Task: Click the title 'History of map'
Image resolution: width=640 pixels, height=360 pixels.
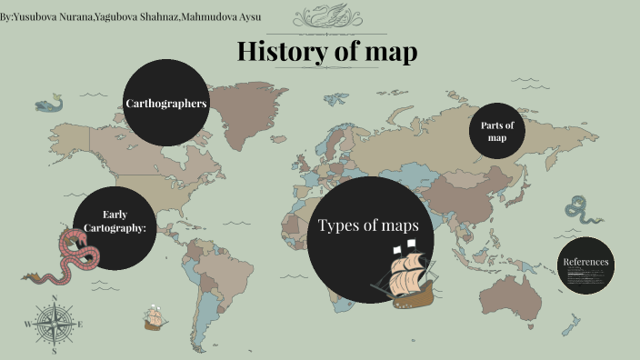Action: tap(327, 52)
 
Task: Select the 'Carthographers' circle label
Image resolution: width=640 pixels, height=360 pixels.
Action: tap(166, 104)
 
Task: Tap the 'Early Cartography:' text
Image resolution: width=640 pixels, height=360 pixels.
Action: tap(115, 221)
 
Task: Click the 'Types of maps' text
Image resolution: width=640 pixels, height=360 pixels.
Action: tap(367, 225)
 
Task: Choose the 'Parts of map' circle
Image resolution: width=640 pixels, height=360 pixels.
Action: tap(497, 131)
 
